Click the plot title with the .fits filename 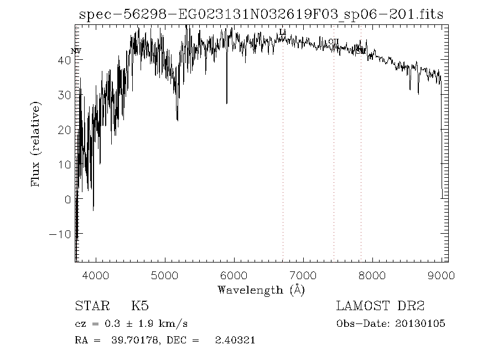click(x=261, y=14)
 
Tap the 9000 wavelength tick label click(x=441, y=275)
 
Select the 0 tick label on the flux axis click(x=68, y=199)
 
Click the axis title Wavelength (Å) click(x=261, y=290)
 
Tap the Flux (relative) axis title click(x=37, y=144)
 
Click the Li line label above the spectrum click(x=283, y=32)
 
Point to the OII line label click(x=333, y=41)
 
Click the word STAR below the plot click(x=90, y=306)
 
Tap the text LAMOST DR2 click(x=380, y=306)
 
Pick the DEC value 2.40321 click(x=235, y=340)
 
